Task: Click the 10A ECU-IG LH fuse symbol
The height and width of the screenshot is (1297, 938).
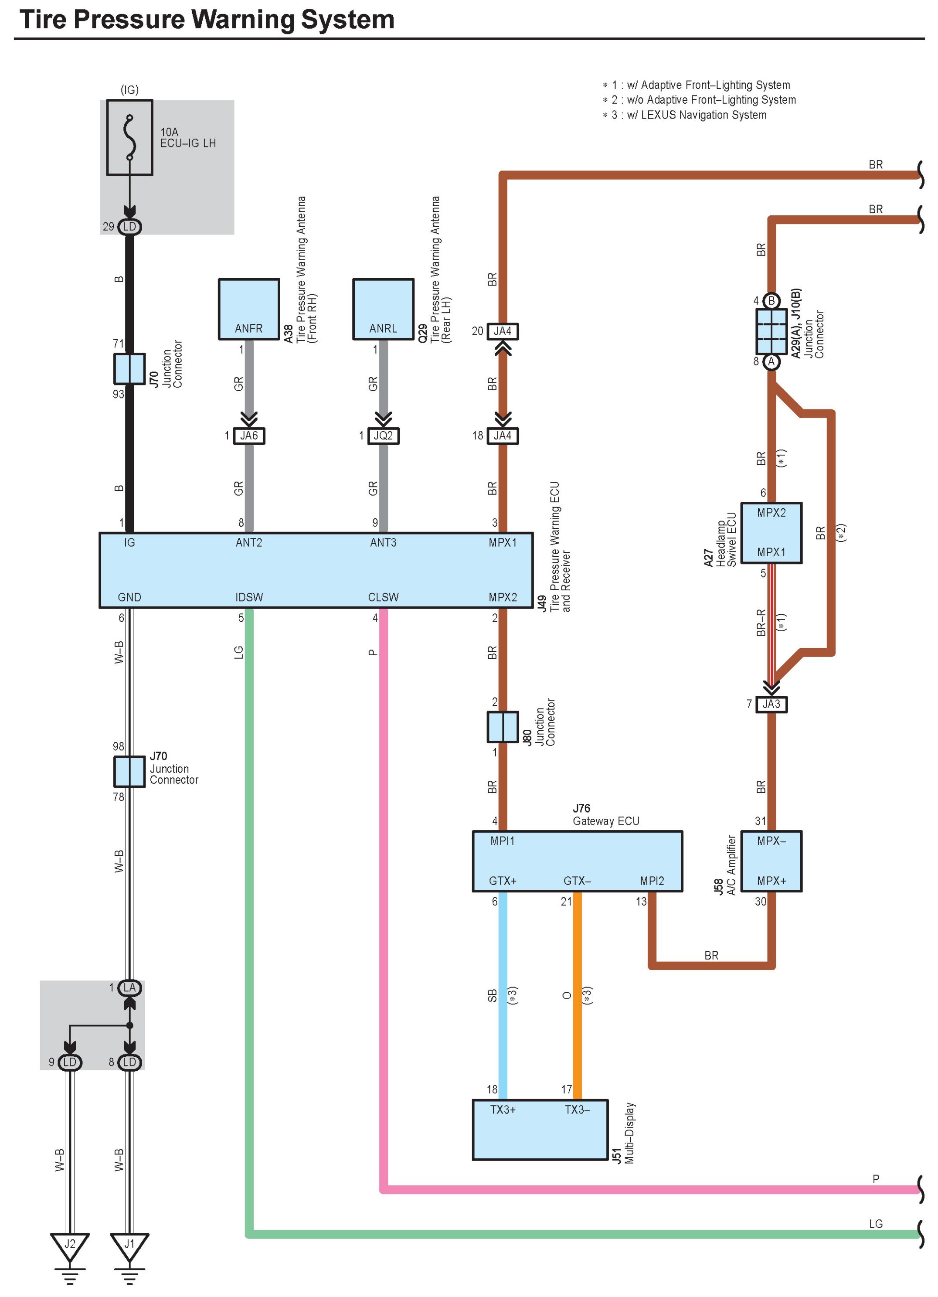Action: (x=130, y=137)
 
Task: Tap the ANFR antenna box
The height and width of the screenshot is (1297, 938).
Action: (x=248, y=309)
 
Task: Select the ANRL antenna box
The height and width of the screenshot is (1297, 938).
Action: (x=383, y=309)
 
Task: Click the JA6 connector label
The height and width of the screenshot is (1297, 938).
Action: (x=248, y=436)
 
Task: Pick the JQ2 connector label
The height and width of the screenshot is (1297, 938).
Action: (x=383, y=436)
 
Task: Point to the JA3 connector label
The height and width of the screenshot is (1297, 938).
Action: (x=771, y=704)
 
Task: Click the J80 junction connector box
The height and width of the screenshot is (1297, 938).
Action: (x=503, y=727)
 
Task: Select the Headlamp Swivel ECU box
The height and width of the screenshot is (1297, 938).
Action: (x=771, y=532)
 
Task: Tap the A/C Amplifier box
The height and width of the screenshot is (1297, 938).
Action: (x=771, y=861)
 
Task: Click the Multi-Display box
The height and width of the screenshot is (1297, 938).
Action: (x=540, y=1130)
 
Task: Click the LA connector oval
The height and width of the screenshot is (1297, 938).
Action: (x=130, y=987)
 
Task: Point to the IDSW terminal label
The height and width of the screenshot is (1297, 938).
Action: (x=249, y=597)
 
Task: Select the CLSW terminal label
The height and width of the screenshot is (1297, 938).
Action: (x=383, y=597)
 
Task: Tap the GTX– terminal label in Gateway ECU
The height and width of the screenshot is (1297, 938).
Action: (x=577, y=881)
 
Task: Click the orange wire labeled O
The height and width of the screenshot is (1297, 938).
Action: (x=578, y=995)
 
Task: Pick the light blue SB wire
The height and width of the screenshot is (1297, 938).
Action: (x=503, y=995)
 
